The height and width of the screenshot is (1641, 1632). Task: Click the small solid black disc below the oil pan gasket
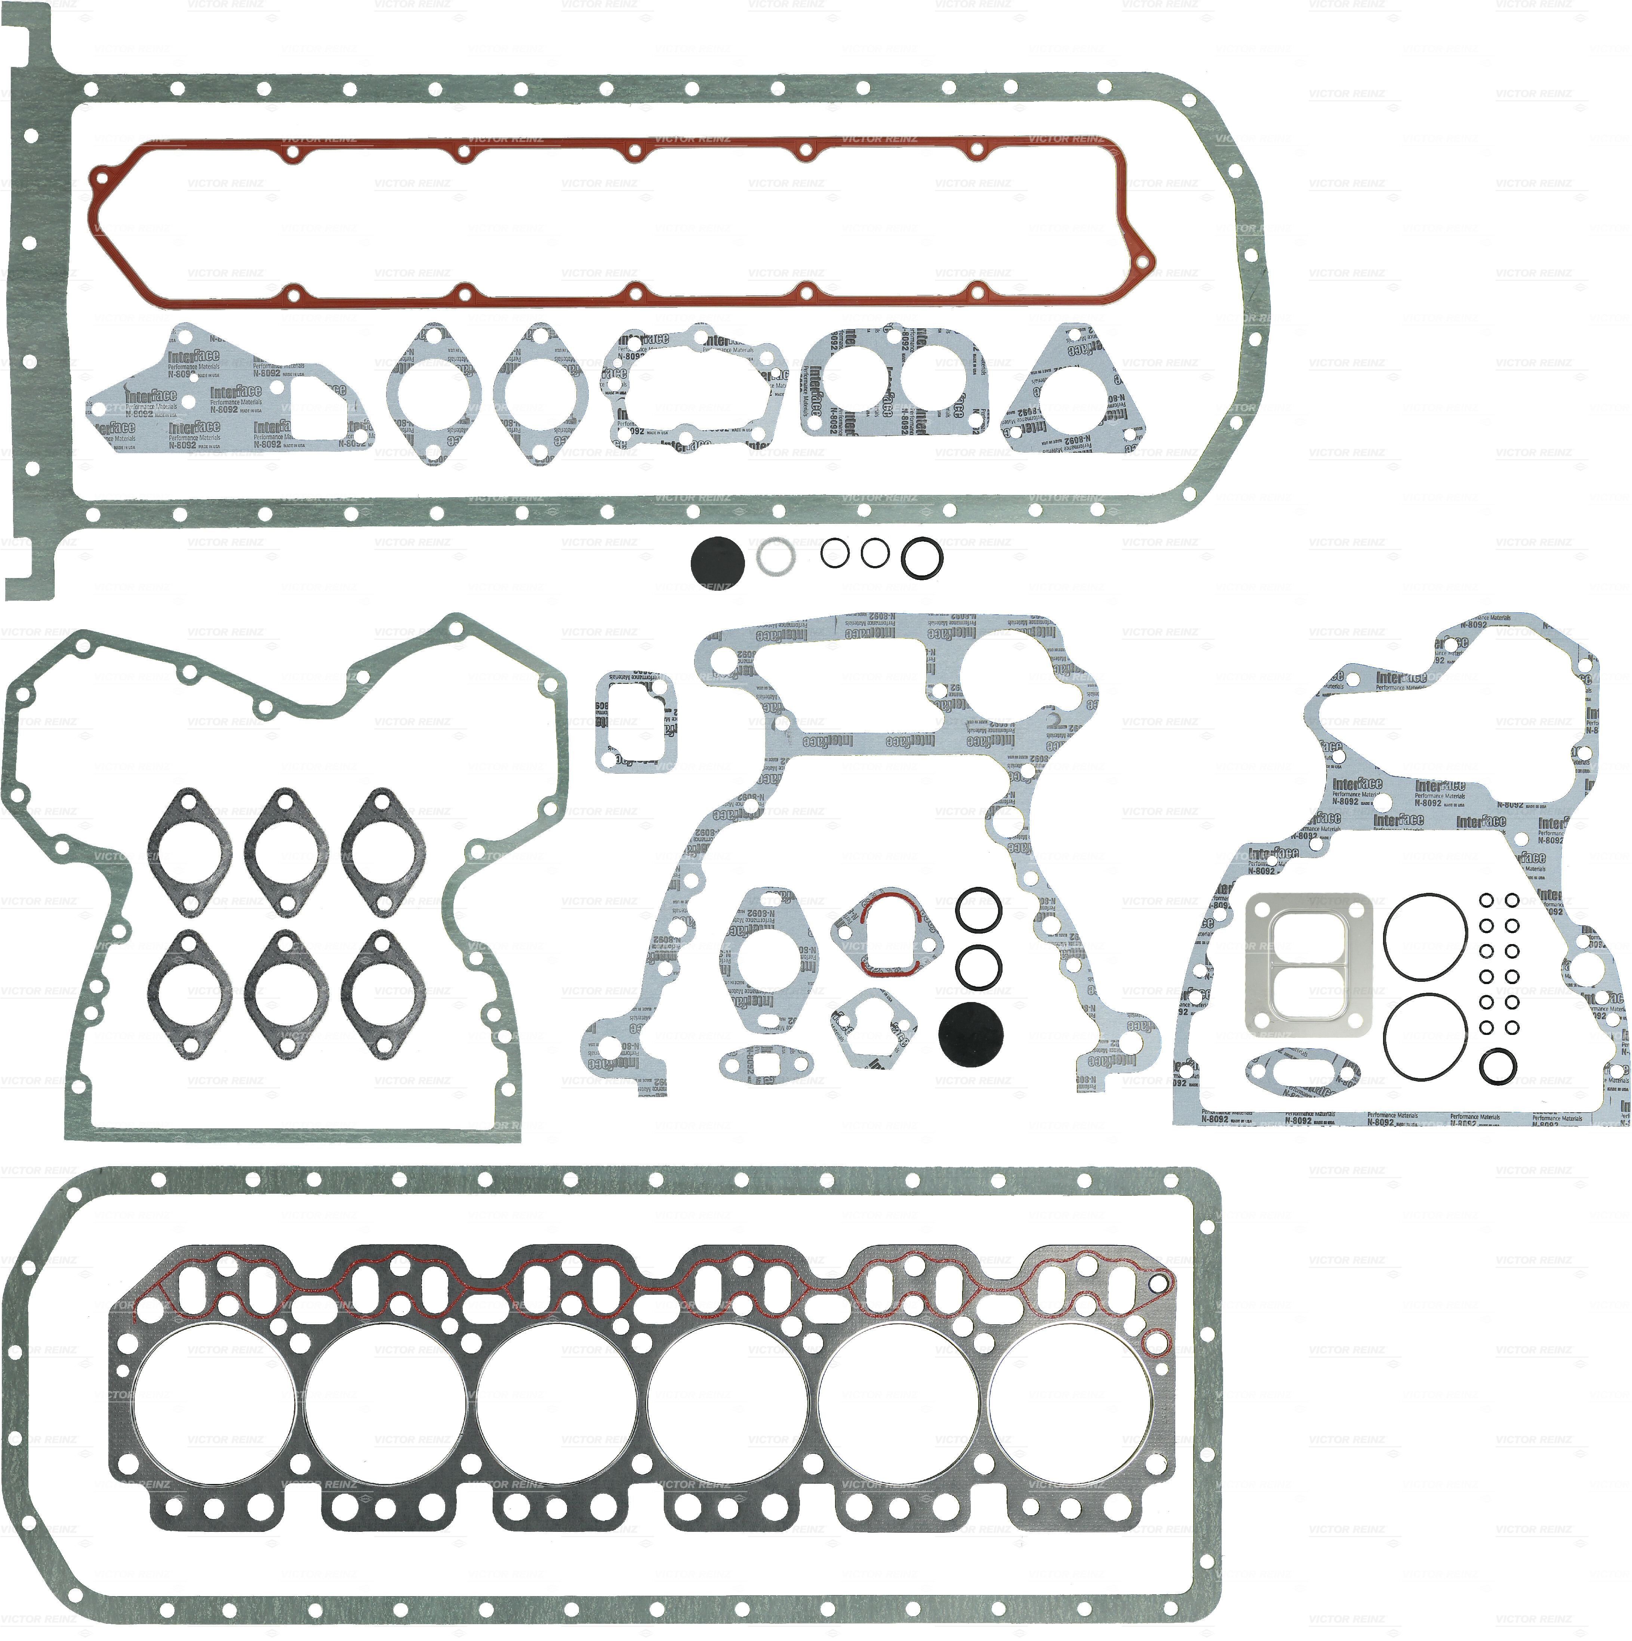[x=717, y=560]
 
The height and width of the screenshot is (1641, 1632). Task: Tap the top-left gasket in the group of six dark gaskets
[x=190, y=853]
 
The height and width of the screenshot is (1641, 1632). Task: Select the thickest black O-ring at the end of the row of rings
[x=921, y=558]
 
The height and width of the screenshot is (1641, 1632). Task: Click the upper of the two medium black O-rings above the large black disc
[x=978, y=910]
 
